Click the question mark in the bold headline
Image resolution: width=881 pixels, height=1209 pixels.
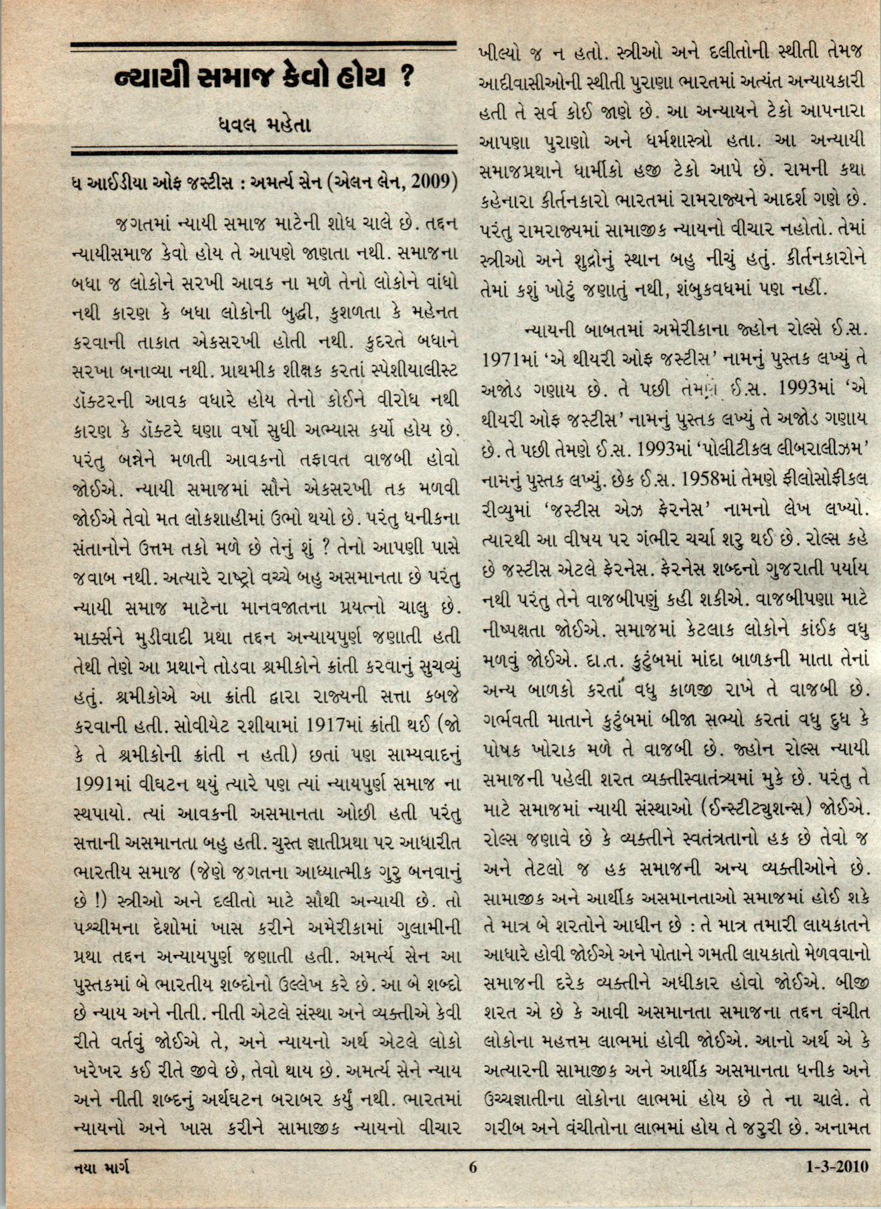click(404, 78)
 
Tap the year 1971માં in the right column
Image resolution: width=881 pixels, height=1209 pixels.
click(508, 358)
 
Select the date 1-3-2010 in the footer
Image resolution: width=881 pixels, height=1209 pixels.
click(837, 1186)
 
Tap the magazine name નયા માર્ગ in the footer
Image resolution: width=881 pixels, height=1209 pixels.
click(101, 1186)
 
